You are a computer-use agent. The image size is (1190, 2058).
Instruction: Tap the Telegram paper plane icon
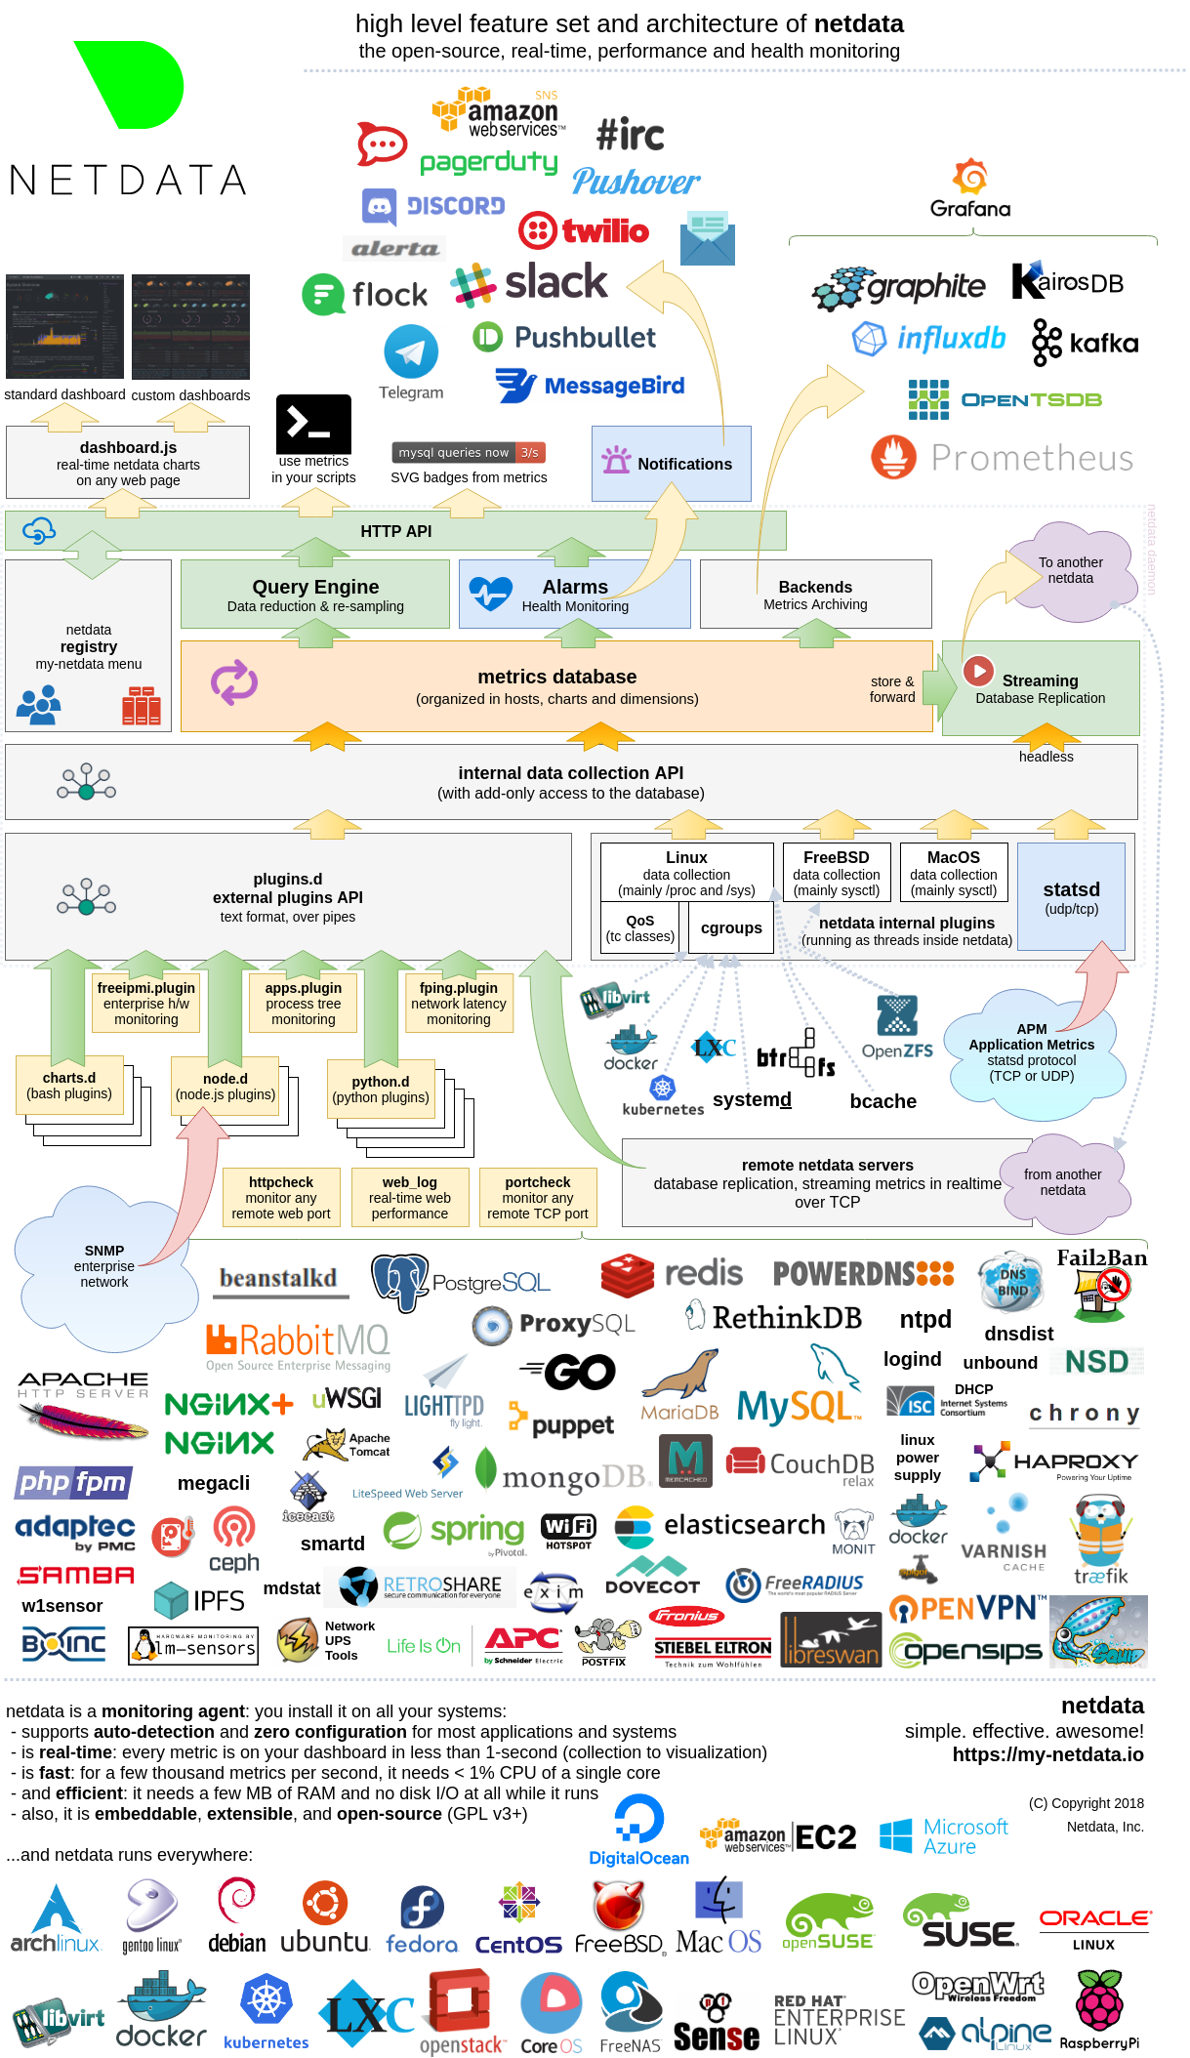(x=411, y=351)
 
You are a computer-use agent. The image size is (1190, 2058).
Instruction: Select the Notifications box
(x=671, y=464)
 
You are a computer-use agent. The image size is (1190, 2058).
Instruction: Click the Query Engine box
(x=315, y=595)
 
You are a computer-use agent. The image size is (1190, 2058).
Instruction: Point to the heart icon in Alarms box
(x=490, y=593)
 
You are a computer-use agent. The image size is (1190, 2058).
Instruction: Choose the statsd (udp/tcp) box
(x=1071, y=896)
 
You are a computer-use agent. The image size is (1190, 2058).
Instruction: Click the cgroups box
(x=731, y=927)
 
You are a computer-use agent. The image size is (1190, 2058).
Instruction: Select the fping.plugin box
(x=458, y=1003)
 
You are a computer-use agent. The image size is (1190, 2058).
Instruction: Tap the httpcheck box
(x=281, y=1197)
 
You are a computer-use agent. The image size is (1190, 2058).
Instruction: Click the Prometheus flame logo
(x=894, y=457)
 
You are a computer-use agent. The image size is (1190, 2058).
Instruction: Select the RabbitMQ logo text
(x=299, y=1340)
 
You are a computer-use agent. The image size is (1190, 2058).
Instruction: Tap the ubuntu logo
(x=325, y=1918)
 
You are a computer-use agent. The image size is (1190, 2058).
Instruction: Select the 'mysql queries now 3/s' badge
(x=469, y=452)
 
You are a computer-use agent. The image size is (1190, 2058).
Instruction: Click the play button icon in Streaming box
(x=976, y=671)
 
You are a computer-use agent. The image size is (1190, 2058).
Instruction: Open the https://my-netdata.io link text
(x=1047, y=1754)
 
